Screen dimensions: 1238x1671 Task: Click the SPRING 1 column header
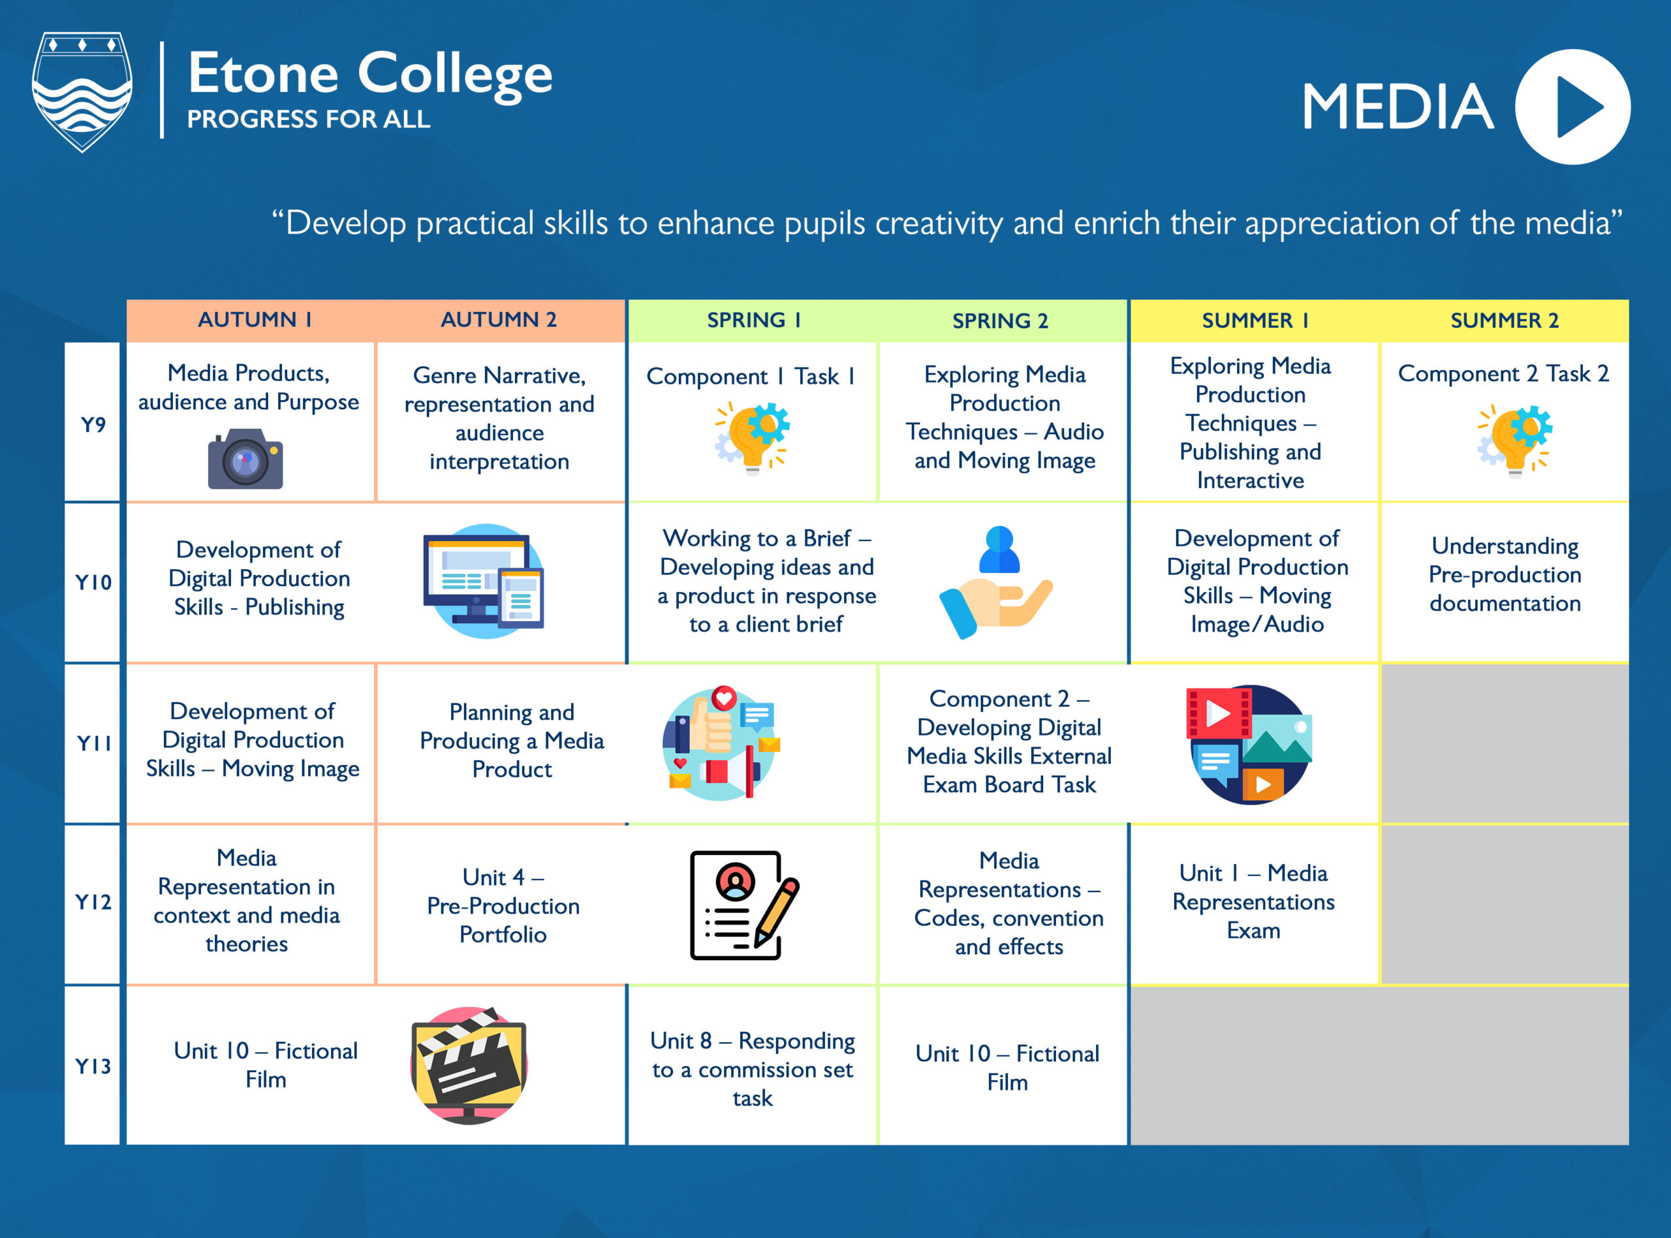point(753,320)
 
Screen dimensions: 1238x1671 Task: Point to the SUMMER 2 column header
point(1504,320)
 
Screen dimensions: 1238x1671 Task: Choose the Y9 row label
point(93,424)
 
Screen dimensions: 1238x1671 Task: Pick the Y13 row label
point(93,1066)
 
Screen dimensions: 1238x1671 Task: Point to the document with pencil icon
point(743,905)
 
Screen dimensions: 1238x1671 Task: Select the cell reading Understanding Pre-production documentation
point(1504,575)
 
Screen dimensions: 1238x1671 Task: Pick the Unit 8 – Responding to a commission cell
point(753,1068)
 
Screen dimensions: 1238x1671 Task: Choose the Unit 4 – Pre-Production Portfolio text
point(503,905)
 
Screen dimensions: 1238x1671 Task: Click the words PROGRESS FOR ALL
point(309,119)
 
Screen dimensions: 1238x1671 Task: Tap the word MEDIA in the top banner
point(1398,107)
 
